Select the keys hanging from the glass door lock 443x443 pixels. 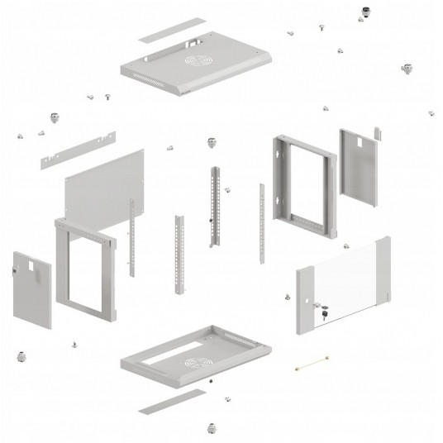pyautogui.click(x=323, y=312)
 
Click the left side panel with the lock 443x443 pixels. pyautogui.click(x=33, y=289)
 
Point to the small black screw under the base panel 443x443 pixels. pyautogui.click(x=212, y=382)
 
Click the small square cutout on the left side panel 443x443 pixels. pyautogui.click(x=27, y=265)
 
